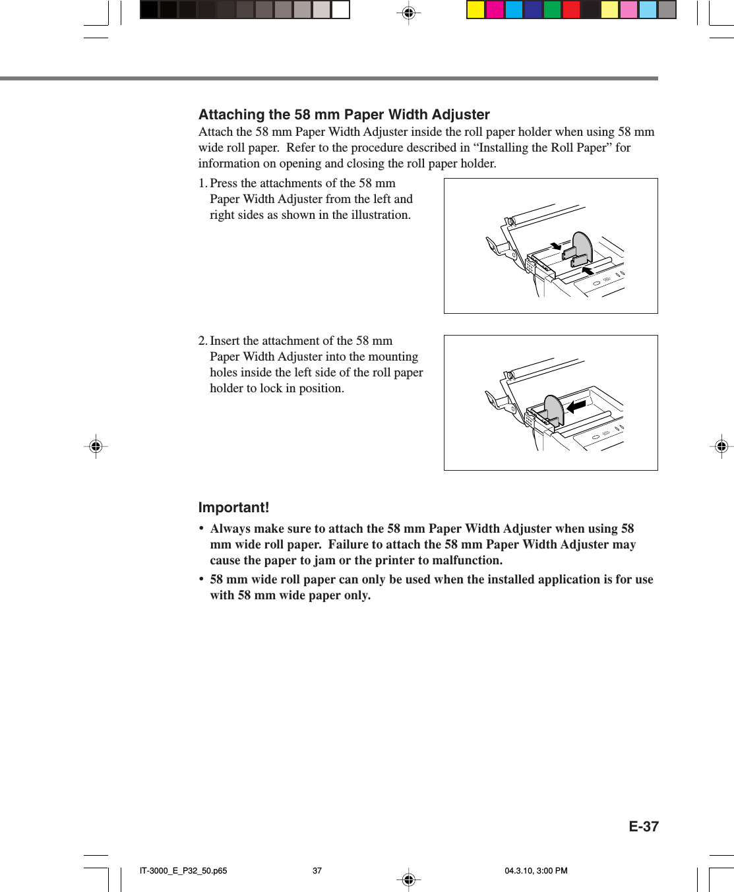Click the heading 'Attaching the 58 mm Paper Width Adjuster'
(344, 115)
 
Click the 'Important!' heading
(233, 508)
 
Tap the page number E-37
(643, 827)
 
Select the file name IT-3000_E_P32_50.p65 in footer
(183, 870)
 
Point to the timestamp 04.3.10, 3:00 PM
(535, 870)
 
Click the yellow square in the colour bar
(475, 10)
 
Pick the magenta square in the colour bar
(495, 10)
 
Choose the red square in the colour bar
(571, 10)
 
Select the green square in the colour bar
(552, 10)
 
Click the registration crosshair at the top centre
(409, 12)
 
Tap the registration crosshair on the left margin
(96, 446)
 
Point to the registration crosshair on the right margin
(721, 446)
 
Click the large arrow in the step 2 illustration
(576, 407)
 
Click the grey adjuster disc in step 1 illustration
(583, 247)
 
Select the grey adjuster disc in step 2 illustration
(554, 410)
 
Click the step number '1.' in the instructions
(202, 183)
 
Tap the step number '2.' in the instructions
(202, 341)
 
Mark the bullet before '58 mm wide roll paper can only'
(201, 580)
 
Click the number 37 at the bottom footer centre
(317, 870)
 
